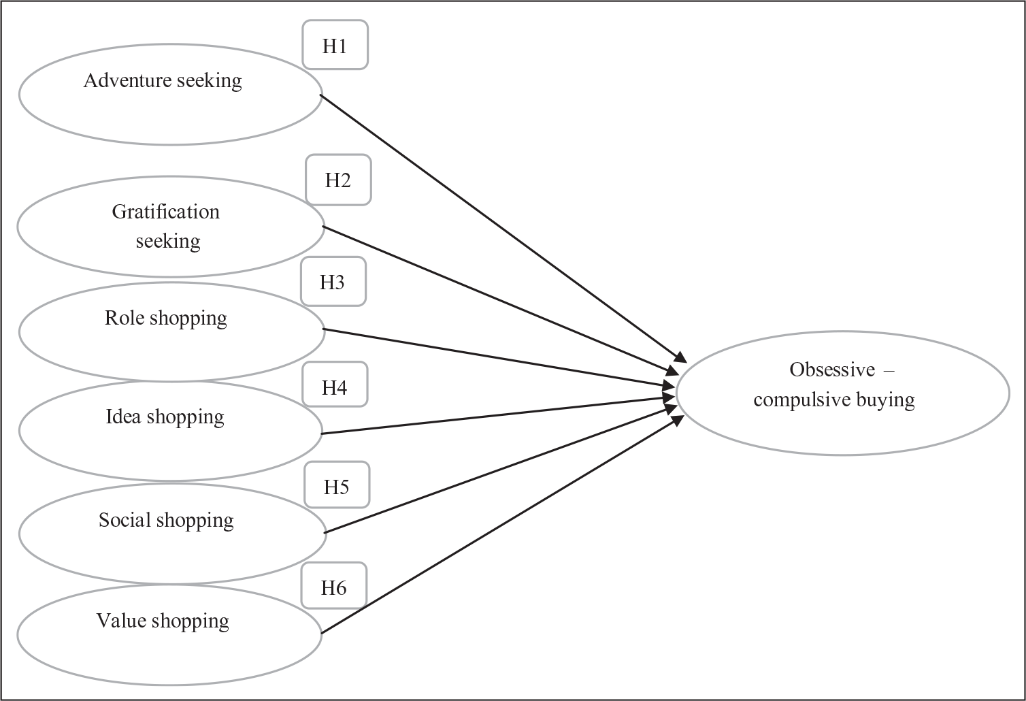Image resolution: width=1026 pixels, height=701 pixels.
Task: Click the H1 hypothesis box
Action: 335,44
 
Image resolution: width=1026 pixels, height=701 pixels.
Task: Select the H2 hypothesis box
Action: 338,180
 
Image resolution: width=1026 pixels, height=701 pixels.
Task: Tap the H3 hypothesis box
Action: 333,281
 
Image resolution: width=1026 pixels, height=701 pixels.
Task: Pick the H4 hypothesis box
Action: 335,384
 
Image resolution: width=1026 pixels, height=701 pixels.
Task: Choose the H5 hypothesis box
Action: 337,485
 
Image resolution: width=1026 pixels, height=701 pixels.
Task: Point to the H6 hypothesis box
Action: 333,585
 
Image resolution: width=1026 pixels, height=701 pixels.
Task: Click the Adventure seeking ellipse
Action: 170,95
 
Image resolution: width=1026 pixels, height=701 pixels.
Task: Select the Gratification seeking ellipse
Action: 170,227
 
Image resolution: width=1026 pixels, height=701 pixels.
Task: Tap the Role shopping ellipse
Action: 171,331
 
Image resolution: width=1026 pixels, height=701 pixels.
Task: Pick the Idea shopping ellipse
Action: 170,431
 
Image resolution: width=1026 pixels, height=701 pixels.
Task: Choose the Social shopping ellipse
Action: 172,534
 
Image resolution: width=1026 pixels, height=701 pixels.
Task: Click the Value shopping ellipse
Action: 169,634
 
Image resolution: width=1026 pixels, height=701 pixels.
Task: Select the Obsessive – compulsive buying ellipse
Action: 843,393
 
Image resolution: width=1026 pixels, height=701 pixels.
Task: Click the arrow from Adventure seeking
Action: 503,229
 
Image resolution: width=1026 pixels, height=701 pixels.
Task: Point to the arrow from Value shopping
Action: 503,525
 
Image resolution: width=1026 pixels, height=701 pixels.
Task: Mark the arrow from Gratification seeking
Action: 500,299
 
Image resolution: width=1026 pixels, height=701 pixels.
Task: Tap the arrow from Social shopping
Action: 501,469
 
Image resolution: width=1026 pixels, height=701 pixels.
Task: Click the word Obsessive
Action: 832,370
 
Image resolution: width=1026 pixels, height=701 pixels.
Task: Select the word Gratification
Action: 166,212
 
